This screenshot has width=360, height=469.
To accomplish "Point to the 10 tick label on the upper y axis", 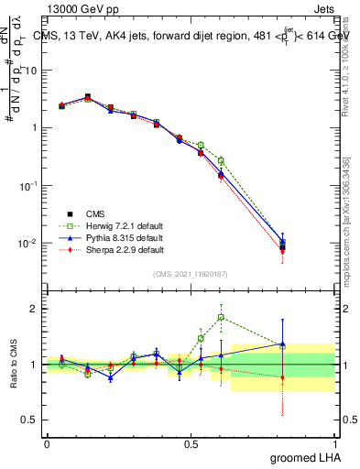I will coord(32,70).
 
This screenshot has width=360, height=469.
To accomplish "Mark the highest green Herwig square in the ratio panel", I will coord(221,318).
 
